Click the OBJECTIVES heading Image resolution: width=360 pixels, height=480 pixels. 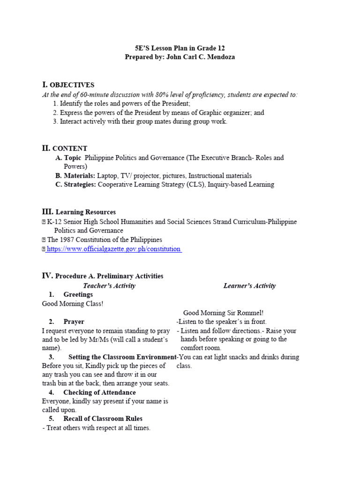[x=72, y=85]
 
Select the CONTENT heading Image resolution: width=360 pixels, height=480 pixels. [x=69, y=149]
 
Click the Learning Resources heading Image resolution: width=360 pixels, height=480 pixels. [x=85, y=212]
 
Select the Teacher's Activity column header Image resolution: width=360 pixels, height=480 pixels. [x=109, y=286]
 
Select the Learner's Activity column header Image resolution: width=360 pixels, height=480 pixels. [x=249, y=286]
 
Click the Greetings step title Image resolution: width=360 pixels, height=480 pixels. [x=78, y=295]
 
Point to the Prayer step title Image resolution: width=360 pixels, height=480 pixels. [x=74, y=322]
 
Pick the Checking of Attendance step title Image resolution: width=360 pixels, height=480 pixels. [x=99, y=393]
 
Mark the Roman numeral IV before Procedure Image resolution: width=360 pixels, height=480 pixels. [x=47, y=276]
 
